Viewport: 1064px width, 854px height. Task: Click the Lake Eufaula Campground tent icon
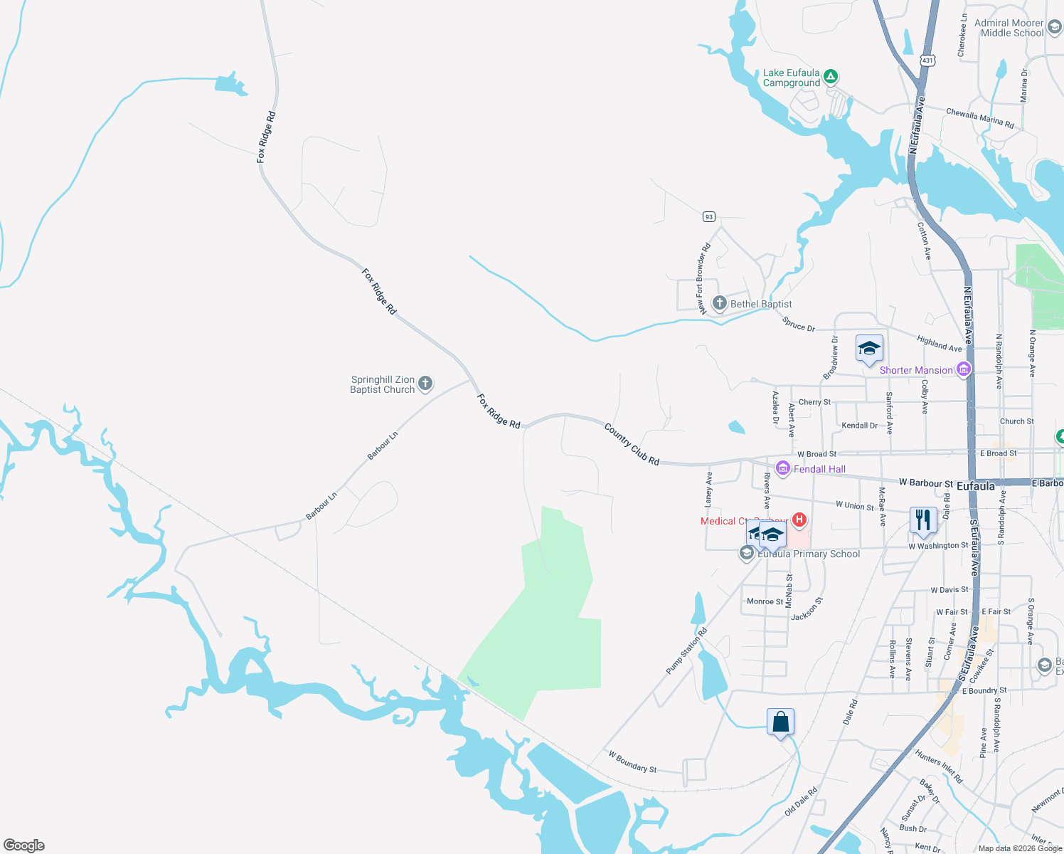(830, 76)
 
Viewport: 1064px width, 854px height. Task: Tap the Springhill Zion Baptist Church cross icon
(425, 384)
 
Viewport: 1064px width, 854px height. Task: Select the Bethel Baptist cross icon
(720, 304)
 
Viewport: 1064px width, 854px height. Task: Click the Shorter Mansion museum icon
(964, 369)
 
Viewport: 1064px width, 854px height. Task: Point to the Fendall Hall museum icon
(783, 468)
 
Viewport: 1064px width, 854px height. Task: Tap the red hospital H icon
(799, 520)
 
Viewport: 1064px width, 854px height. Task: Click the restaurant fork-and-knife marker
(922, 520)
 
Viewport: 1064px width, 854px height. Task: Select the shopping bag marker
(780, 722)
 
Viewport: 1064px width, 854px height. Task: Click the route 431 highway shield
(927, 61)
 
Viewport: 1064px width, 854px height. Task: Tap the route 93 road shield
(708, 216)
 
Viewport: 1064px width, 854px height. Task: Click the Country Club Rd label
(632, 445)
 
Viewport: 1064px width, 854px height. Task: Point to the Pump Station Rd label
(686, 651)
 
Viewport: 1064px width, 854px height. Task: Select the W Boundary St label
(632, 761)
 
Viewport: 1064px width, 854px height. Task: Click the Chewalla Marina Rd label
(979, 118)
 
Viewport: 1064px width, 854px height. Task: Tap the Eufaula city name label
(975, 486)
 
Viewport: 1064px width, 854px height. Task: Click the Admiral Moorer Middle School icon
(1054, 28)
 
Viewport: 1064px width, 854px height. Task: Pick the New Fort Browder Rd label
(703, 278)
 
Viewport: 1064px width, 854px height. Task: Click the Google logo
(24, 845)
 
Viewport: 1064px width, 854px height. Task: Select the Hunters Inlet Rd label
(939, 766)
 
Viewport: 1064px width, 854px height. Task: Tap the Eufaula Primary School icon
(747, 553)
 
